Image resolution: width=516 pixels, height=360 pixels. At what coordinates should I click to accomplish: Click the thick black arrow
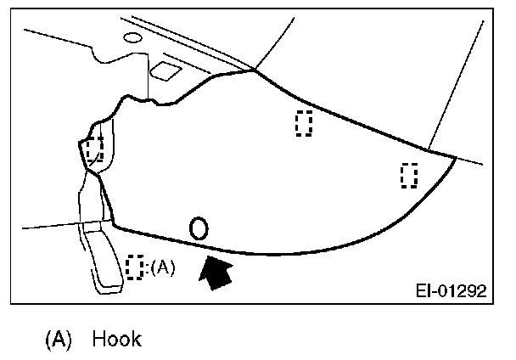216,273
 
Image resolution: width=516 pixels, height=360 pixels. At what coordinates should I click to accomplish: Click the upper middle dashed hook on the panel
304,123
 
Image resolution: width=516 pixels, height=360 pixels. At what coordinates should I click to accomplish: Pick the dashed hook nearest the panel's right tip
409,175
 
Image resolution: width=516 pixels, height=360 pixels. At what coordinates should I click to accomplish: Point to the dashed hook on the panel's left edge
94,149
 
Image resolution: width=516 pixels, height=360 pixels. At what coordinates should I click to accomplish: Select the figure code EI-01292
450,291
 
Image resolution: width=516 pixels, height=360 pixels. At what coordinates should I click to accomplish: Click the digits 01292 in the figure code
462,291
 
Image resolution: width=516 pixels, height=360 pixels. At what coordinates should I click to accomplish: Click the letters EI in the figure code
423,291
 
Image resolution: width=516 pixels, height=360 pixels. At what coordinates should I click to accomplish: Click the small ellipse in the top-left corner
132,38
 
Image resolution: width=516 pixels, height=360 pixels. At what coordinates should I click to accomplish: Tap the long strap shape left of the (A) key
104,258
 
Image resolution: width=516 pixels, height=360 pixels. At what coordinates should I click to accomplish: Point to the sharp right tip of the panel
457,158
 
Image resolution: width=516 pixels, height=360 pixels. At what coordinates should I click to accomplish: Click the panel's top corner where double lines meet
254,70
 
